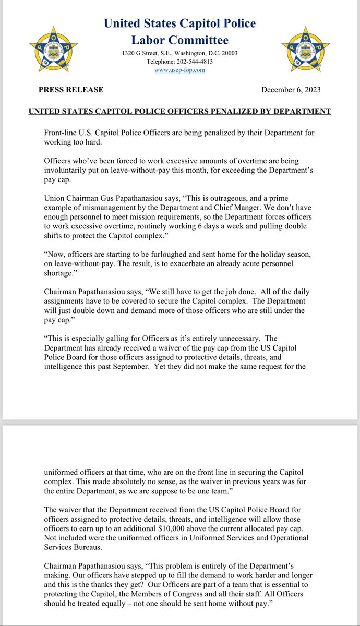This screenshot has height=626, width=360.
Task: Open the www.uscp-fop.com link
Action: [179, 70]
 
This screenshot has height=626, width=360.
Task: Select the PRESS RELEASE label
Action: [71, 90]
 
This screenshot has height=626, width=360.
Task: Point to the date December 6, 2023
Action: [291, 90]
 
